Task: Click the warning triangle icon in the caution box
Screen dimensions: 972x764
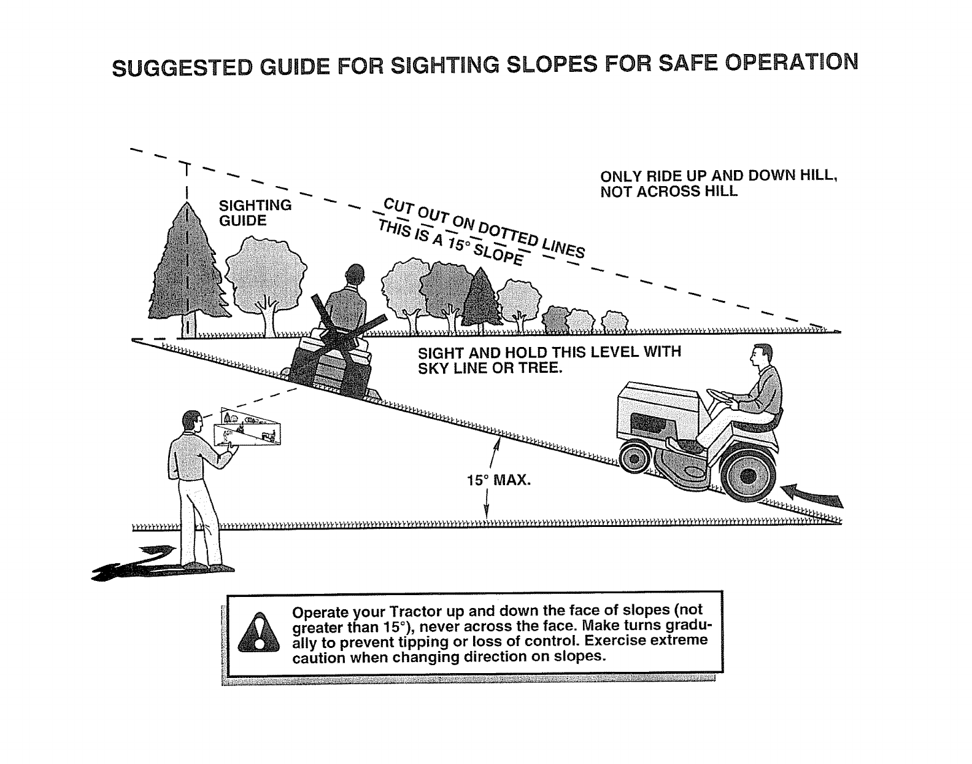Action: point(258,633)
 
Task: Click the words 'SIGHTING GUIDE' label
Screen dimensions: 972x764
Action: point(255,212)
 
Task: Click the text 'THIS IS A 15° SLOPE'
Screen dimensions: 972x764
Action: point(451,243)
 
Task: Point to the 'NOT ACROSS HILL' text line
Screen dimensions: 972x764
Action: point(668,192)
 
